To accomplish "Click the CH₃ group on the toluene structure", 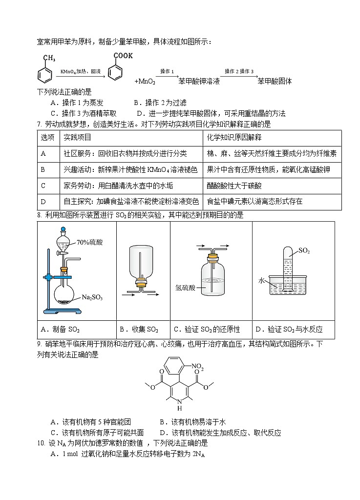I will tap(49, 58).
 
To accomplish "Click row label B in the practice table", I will tap(43, 169).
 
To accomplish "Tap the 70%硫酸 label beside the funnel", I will tap(89, 242).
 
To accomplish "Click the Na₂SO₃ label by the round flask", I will tap(92, 297).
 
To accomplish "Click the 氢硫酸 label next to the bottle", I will tap(185, 288).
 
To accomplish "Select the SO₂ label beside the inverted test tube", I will tap(304, 251).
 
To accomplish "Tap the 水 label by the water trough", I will tap(261, 280).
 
